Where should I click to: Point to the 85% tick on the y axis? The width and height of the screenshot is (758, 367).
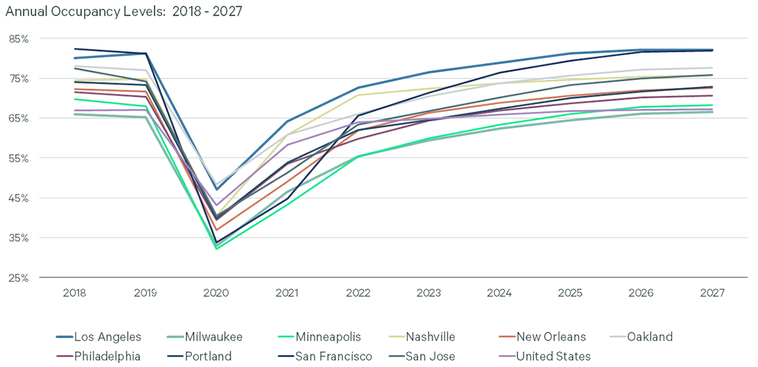click(19, 39)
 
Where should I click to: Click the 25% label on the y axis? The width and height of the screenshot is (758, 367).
click(19, 278)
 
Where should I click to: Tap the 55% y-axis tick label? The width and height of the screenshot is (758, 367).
click(19, 159)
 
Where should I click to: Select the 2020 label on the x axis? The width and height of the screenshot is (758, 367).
click(217, 294)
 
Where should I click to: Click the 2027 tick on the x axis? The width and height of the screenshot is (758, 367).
click(711, 294)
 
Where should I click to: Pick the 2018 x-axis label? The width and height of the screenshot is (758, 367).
click(75, 294)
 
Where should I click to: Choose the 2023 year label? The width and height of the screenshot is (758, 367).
click(429, 294)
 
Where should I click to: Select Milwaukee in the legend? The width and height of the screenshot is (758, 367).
click(214, 337)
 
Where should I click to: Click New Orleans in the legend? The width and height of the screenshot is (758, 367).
click(550, 337)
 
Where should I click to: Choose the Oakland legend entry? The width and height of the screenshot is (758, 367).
click(649, 337)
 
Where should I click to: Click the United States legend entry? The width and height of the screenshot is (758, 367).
click(553, 356)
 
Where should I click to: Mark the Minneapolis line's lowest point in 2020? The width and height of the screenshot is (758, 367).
click(217, 249)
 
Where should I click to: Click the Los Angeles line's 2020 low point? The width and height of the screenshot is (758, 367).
click(217, 190)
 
